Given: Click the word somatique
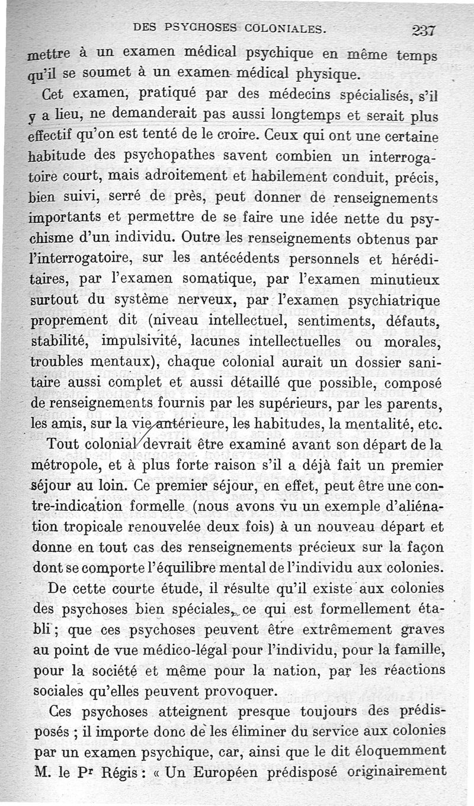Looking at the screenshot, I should coord(231,279).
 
